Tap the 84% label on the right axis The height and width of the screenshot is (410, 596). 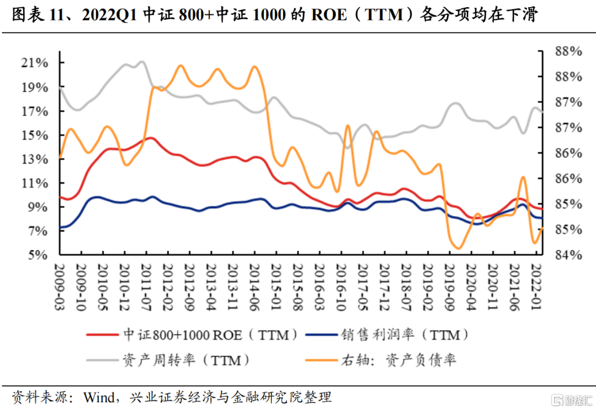click(568, 255)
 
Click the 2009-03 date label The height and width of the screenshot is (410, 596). click(60, 287)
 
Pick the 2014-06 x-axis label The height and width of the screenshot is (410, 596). click(254, 287)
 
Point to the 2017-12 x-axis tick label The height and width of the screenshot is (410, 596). click(384, 287)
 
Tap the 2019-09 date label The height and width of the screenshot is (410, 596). click(449, 287)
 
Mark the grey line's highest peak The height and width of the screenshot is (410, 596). click(142, 62)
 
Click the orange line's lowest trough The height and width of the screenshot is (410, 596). click(457, 249)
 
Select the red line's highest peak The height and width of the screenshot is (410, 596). click(150, 138)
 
